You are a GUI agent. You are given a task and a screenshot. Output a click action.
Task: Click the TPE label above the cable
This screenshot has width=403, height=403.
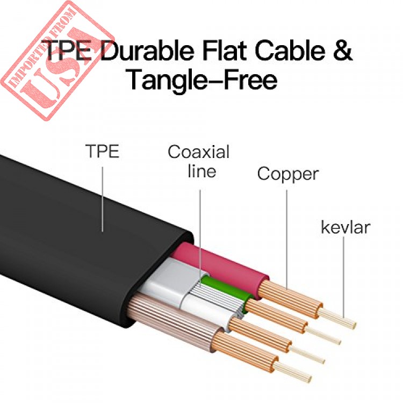102,151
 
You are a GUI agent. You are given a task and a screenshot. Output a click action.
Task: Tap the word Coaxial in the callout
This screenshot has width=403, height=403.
198,152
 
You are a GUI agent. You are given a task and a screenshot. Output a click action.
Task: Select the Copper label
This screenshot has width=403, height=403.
288,175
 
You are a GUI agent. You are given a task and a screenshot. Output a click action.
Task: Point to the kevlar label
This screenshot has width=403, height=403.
346,227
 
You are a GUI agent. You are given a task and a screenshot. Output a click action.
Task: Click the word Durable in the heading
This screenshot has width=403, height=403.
147,51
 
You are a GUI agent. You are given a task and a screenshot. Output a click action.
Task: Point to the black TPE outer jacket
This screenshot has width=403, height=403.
77,231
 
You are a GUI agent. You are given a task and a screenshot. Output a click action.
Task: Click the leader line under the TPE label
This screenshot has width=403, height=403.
103,199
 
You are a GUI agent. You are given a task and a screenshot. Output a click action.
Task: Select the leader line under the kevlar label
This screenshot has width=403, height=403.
344,277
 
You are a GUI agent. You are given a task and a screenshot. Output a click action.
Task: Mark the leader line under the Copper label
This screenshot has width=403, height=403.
287,240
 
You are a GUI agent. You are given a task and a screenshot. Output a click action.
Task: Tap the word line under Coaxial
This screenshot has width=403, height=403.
202,171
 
